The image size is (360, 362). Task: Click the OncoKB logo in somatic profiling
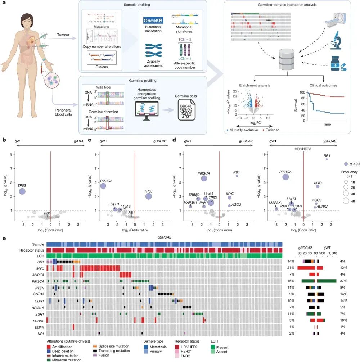coord(153,20)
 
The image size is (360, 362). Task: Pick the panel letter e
coord(3,238)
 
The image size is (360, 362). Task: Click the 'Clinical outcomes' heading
coord(323,85)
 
